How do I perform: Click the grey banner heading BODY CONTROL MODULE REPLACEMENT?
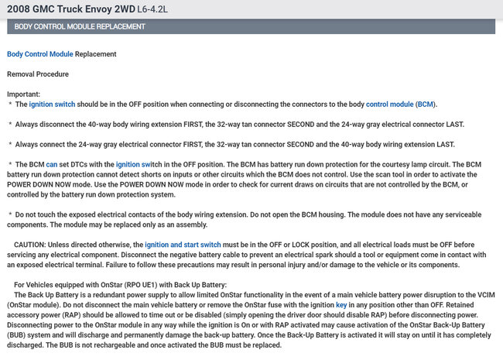[x=80, y=26]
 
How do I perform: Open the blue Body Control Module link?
[x=39, y=54]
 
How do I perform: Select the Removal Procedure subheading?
[x=38, y=74]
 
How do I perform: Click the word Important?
[x=23, y=94]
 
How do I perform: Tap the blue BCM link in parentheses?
[x=425, y=103]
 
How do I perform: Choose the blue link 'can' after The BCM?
[x=52, y=164]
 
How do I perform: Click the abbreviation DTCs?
[x=80, y=164]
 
